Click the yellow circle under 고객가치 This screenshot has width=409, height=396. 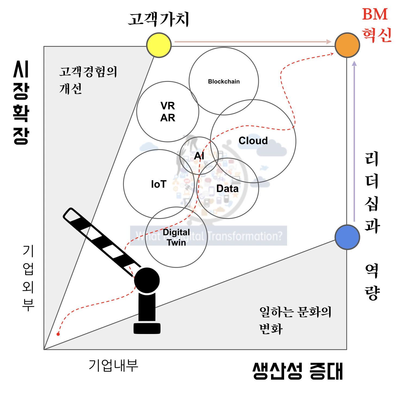(159, 45)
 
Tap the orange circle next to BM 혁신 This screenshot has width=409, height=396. (347, 45)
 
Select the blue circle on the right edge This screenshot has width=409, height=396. (347, 237)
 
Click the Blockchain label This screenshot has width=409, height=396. (224, 82)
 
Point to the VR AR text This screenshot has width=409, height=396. (168, 112)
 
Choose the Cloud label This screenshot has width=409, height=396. (253, 141)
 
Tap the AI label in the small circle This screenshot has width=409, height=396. (199, 156)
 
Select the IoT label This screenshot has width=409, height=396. (159, 184)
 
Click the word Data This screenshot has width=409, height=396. (227, 188)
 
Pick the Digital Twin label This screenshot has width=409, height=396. (176, 237)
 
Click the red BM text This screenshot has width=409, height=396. (375, 14)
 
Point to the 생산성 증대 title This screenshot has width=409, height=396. (298, 371)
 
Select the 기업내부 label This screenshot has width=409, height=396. (114, 365)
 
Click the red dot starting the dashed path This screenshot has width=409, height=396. (58, 334)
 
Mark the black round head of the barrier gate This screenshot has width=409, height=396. (147, 280)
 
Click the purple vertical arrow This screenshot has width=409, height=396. (354, 141)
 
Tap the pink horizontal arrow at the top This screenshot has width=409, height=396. (253, 42)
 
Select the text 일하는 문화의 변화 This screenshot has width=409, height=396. (295, 320)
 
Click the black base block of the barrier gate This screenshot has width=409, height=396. (147, 328)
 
